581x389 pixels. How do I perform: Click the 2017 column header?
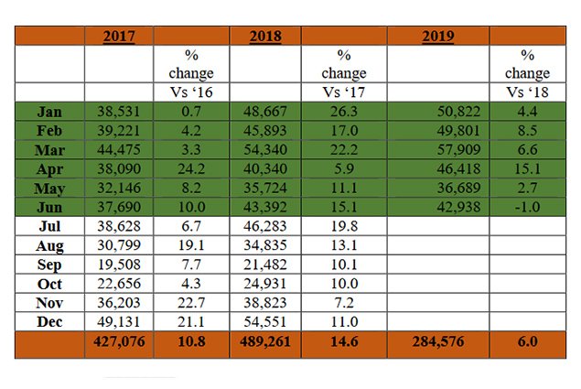(119, 37)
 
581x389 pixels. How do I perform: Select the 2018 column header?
(265, 37)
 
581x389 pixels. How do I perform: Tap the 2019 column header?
(438, 37)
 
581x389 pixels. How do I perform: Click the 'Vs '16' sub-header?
(191, 92)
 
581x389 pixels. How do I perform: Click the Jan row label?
(49, 111)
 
